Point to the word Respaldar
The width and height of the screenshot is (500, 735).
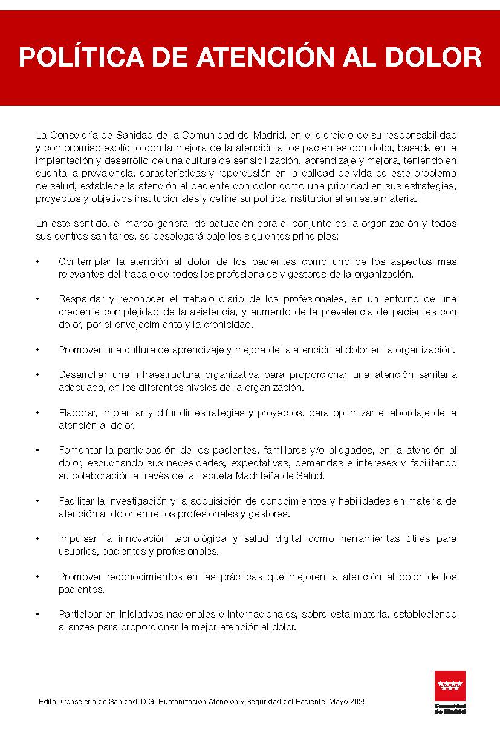click(x=81, y=299)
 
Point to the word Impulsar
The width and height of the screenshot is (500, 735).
click(x=77, y=538)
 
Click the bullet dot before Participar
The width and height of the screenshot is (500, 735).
click(x=37, y=615)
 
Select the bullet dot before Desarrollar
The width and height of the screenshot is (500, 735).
click(x=37, y=375)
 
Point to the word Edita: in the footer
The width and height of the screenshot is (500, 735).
click(x=48, y=702)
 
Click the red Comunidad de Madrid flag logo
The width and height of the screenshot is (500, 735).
click(x=450, y=686)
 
